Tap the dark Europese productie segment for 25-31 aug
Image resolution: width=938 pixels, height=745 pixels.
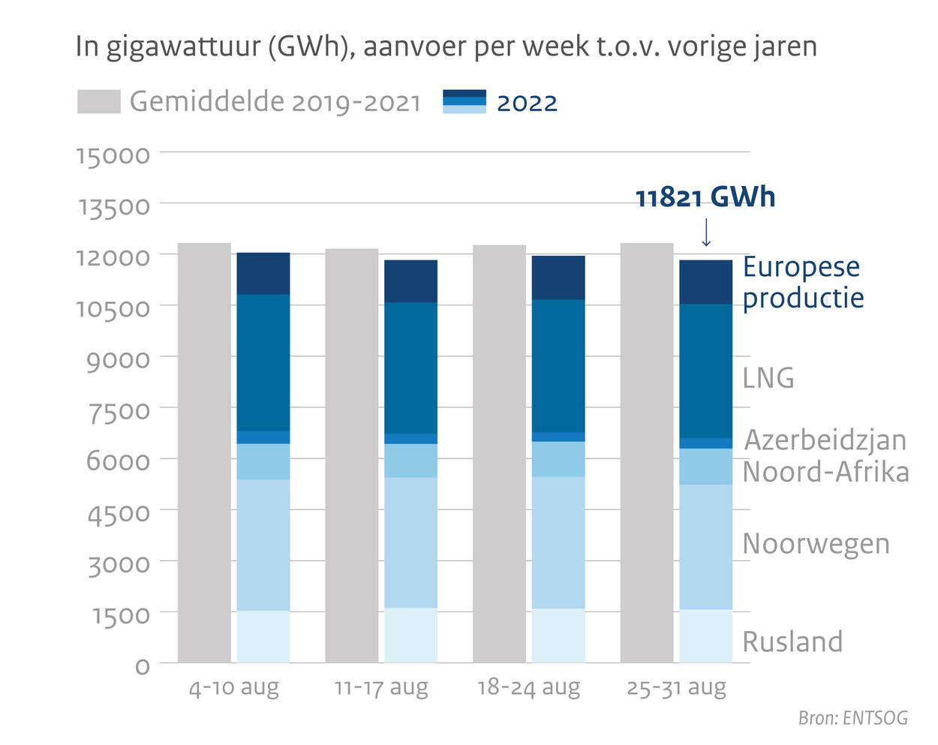pyautogui.click(x=705, y=282)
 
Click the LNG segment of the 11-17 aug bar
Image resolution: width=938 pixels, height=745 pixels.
pyautogui.click(x=410, y=368)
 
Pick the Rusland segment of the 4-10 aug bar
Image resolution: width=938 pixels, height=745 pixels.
pyautogui.click(x=263, y=636)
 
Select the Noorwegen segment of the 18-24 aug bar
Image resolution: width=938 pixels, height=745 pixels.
pyautogui.click(x=558, y=542)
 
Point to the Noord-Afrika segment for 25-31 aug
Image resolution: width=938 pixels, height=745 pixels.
pyautogui.click(x=705, y=467)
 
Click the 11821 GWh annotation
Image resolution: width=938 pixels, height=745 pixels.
pyautogui.click(x=705, y=197)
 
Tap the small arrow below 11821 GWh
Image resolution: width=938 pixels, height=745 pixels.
pyautogui.click(x=705, y=233)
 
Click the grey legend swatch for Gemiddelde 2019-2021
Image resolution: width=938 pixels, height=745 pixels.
pyautogui.click(x=98, y=102)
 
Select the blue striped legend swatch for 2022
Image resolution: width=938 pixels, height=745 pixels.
pyautogui.click(x=464, y=102)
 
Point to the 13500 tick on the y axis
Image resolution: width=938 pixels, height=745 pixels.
pyautogui.click(x=114, y=206)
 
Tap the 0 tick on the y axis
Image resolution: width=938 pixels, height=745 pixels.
pyautogui.click(x=142, y=665)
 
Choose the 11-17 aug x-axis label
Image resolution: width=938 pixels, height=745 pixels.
pyautogui.click(x=381, y=687)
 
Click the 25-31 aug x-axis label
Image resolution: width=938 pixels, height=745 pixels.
pyautogui.click(x=676, y=687)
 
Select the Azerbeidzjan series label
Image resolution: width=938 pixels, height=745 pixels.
pyautogui.click(x=825, y=440)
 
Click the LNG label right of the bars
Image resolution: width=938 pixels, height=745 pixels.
pyautogui.click(x=768, y=377)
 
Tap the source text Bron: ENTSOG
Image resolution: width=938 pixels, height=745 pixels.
pyautogui.click(x=852, y=718)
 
